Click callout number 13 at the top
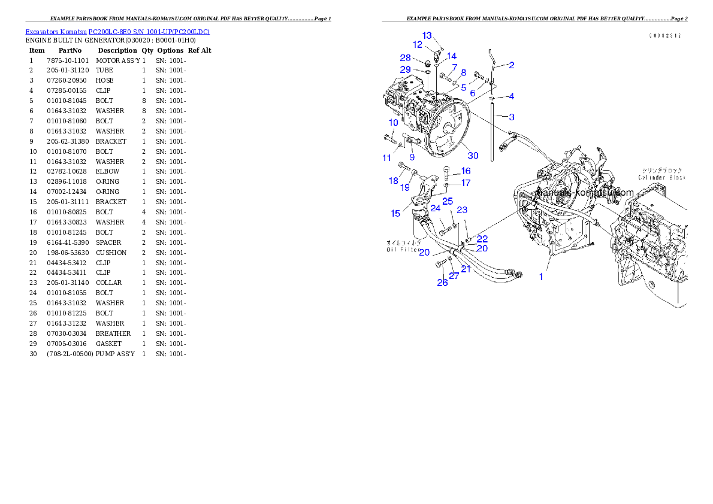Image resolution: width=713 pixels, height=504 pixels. pos(427,36)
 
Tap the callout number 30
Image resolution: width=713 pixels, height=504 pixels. pos(473,156)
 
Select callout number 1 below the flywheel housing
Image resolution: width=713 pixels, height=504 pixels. pos(541,277)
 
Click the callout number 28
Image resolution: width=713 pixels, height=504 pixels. pos(406,57)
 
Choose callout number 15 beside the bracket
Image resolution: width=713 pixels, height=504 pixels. pos(395,213)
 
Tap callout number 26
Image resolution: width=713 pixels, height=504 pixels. pos(442,283)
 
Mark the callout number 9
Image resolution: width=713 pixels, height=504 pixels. pos(412,157)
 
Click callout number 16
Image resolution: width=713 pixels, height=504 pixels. pos(466,171)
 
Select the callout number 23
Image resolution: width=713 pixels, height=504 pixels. pos(462,210)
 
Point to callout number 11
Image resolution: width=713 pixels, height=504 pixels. pos(386,158)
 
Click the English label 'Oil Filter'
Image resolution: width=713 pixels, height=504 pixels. pos(403,250)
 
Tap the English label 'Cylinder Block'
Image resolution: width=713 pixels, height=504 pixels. pos(661,178)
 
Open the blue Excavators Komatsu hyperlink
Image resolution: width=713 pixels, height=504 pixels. pos(117,31)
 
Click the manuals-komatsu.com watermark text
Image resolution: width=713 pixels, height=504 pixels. pos(585,193)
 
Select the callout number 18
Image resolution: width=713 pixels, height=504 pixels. pos(394,181)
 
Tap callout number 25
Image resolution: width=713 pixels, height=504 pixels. pos(448,201)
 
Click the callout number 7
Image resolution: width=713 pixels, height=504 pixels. pos(454,67)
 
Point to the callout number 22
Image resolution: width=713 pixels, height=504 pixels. pos(482,238)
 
